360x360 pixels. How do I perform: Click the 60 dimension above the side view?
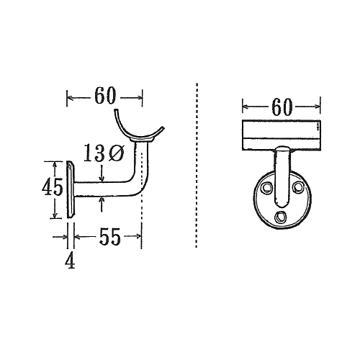pos(105,96)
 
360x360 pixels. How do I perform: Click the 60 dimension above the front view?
pos(282,107)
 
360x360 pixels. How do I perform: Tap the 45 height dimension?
pos(52,187)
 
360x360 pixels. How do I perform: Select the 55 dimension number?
pos(109,236)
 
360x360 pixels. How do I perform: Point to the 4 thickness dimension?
pos(70,261)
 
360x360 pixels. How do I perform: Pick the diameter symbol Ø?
pos(116,153)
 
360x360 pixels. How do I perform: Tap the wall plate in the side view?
pos(71,189)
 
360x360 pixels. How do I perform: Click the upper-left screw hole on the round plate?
pos(267,187)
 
